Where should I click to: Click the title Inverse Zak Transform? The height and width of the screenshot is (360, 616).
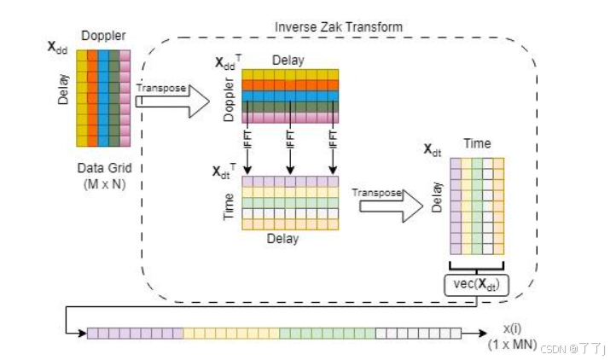pyautogui.click(x=338, y=26)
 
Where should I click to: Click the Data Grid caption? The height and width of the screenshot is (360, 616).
pyautogui.click(x=102, y=167)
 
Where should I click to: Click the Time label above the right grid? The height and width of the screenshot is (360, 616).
pyautogui.click(x=477, y=146)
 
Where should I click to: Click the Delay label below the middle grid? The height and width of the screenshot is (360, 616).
pyautogui.click(x=282, y=240)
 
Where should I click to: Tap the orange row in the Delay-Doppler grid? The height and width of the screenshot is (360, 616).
pyautogui.click(x=290, y=84)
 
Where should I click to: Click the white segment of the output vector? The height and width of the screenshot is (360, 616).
pyautogui.click(x=418, y=334)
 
